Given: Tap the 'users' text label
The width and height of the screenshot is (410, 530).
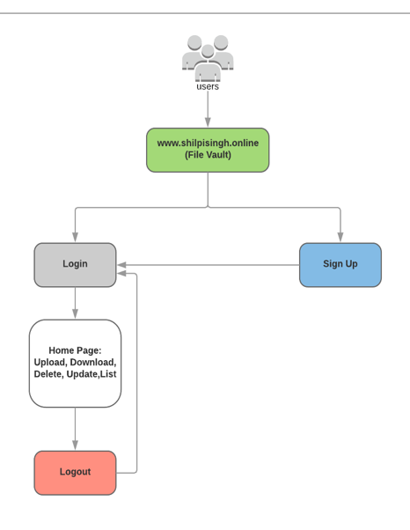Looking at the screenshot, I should click(208, 87).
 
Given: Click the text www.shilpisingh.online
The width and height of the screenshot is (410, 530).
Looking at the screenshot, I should click(208, 143).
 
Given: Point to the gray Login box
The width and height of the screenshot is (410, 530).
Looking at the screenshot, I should click(75, 264).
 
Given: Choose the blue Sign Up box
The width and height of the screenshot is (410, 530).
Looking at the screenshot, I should click(340, 264).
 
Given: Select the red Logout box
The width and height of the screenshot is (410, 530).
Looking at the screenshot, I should click(75, 472).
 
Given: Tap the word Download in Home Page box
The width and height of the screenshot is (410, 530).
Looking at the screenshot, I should click(93, 362).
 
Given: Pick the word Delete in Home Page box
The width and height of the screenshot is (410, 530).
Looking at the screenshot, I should click(48, 374).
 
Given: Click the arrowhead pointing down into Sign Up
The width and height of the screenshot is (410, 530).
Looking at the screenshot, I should click(340, 237).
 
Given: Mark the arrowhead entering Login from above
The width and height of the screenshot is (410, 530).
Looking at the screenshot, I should click(75, 237).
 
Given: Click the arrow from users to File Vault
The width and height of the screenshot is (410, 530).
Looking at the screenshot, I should click(208, 109).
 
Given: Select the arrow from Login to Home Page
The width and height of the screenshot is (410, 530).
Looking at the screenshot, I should click(75, 302).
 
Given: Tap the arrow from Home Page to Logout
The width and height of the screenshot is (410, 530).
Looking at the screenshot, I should click(75, 428).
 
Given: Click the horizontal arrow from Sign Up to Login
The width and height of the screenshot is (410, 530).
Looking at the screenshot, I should click(211, 265).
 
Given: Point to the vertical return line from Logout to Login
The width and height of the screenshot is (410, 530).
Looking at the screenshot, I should click(136, 370).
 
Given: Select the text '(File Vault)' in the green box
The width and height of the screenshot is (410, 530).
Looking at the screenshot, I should click(208, 155).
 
